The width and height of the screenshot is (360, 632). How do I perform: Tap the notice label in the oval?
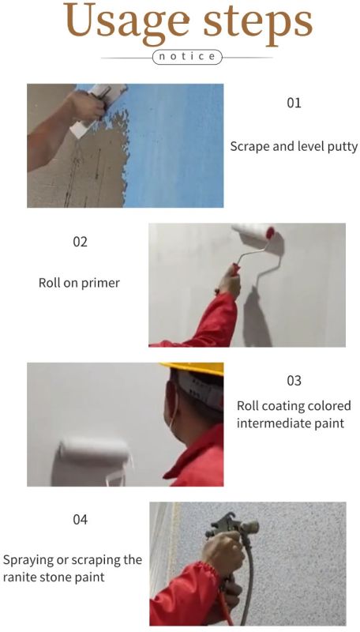pyautogui.click(x=187, y=57)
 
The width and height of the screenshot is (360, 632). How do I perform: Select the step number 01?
pyautogui.click(x=294, y=103)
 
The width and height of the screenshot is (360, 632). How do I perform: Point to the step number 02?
pyautogui.click(x=80, y=242)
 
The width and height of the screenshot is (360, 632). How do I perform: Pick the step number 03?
pyautogui.click(x=294, y=381)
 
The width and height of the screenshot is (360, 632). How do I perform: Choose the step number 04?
pyautogui.click(x=80, y=520)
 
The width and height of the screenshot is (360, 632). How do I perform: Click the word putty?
pyautogui.click(x=343, y=147)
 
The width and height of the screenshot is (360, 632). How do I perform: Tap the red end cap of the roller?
pyautogui.click(x=270, y=233)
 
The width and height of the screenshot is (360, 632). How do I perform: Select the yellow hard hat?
pyautogui.click(x=194, y=368)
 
